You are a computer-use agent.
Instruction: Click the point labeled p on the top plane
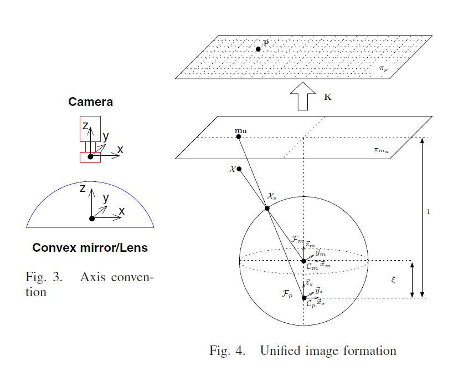258,49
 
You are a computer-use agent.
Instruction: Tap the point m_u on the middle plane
238,136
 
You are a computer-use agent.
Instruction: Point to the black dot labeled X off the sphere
239,169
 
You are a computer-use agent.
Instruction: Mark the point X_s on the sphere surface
267,208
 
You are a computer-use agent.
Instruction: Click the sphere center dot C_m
303,261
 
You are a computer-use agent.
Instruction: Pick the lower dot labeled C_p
303,298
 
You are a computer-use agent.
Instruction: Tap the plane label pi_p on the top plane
383,69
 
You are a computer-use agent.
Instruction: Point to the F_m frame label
297,239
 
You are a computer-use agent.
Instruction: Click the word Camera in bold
90,102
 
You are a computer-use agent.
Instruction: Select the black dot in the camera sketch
90,158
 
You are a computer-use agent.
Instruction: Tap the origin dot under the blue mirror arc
92,219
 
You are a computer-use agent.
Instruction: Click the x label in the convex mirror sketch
122,211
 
